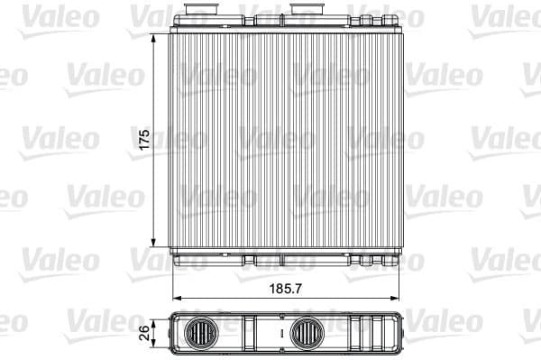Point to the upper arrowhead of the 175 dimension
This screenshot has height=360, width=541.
click(x=155, y=34)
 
